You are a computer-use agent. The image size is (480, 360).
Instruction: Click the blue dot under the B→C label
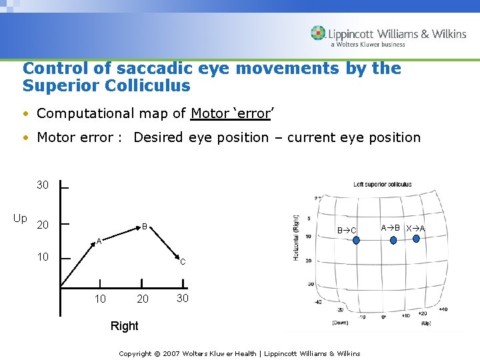355,241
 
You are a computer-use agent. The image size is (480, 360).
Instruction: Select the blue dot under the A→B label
391,239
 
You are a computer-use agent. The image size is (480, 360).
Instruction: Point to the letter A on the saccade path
99,241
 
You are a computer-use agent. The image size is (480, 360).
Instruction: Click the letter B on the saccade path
144,227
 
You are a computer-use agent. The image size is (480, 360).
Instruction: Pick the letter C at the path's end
183,262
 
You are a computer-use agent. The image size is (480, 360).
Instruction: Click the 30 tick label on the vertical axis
43,185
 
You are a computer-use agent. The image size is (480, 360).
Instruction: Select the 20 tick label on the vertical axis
43,225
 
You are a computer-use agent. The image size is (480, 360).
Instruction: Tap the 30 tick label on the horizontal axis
183,298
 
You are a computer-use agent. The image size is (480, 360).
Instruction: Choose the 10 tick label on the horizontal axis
100,299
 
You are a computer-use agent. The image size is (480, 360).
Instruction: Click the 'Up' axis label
20,219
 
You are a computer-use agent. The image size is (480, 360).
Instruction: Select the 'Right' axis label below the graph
125,326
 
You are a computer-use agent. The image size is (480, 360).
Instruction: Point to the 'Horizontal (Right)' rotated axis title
296,237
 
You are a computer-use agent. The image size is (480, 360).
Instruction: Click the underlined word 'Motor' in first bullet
209,113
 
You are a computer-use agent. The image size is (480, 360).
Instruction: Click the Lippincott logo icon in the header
319,33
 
